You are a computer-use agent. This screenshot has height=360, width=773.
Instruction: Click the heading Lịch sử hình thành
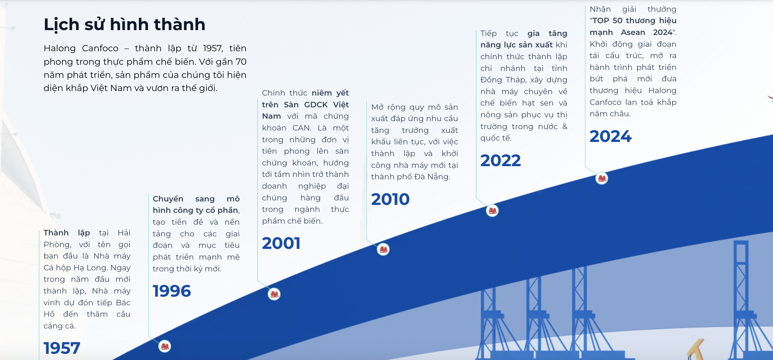pyautogui.click(x=124, y=25)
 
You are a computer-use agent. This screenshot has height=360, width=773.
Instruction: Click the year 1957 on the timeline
pyautogui.click(x=62, y=348)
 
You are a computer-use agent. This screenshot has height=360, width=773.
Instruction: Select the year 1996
pyautogui.click(x=172, y=291)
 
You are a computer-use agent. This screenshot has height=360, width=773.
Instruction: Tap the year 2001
pyautogui.click(x=281, y=243)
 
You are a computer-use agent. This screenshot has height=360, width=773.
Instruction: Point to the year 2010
pyautogui.click(x=390, y=199)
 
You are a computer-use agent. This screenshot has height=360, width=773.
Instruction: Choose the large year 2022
pyautogui.click(x=500, y=160)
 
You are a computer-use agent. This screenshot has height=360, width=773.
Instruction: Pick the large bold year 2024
pyautogui.click(x=611, y=136)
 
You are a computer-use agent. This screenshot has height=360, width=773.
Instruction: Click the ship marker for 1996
pyautogui.click(x=165, y=346)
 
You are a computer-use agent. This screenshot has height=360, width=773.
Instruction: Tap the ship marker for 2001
pyautogui.click(x=274, y=294)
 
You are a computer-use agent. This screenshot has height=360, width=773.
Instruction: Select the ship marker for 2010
pyautogui.click(x=383, y=249)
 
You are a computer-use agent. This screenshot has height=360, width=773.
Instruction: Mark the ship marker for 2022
pyautogui.click(x=492, y=210)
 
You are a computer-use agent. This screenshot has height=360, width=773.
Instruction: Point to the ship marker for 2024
pyautogui.click(x=602, y=178)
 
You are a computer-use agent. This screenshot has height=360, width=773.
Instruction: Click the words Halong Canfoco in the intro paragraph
pyautogui.click(x=81, y=48)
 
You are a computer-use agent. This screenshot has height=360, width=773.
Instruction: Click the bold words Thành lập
pyautogui.click(x=67, y=233)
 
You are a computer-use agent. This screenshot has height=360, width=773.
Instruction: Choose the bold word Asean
pyautogui.click(x=633, y=33)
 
